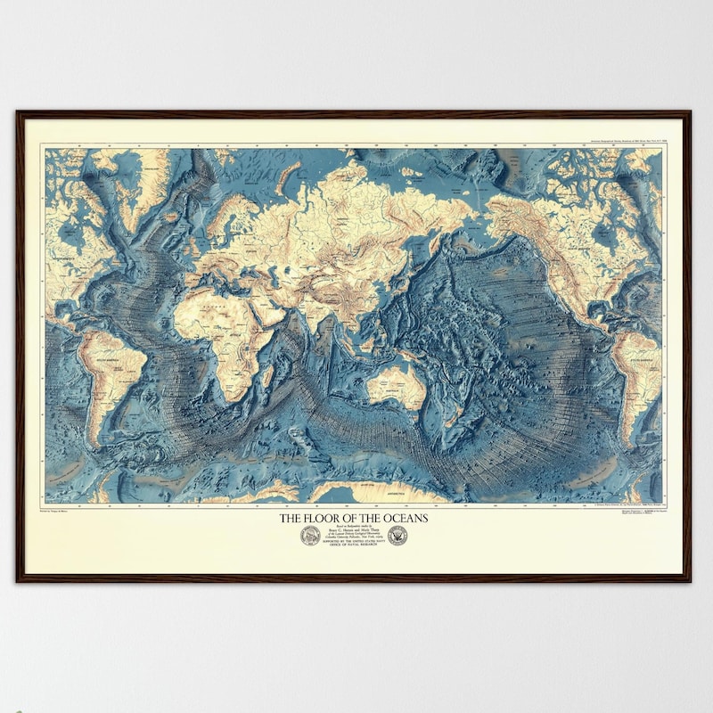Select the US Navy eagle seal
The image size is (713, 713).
coord(397,536)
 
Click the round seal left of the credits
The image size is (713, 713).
coord(310,536)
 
